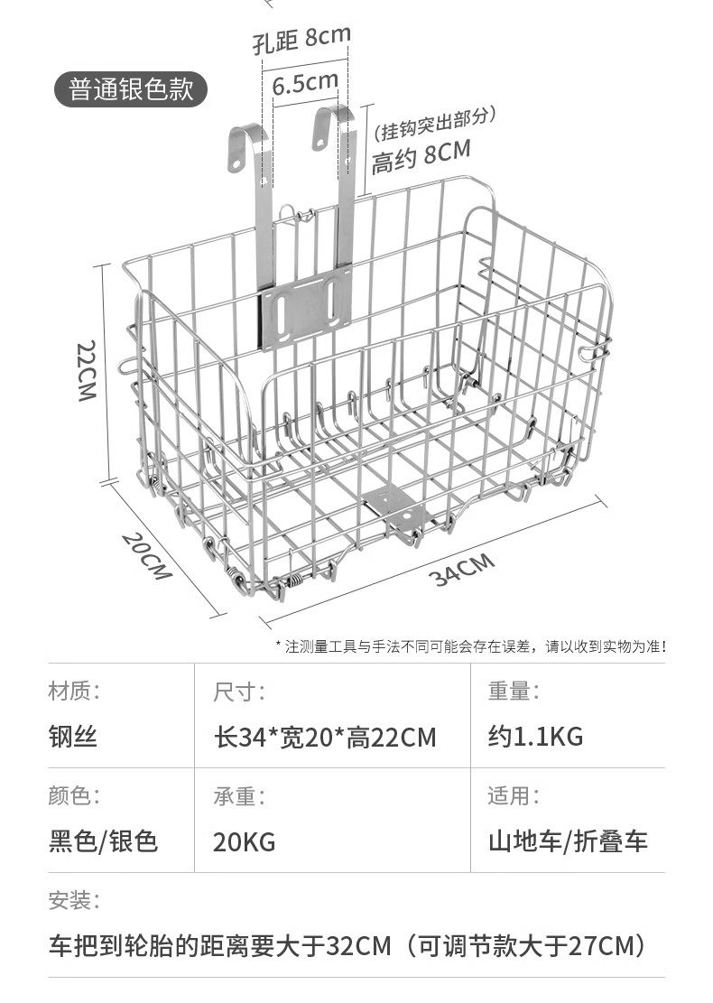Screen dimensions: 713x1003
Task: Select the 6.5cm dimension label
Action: click(x=304, y=84)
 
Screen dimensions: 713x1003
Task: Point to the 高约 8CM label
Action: click(x=421, y=157)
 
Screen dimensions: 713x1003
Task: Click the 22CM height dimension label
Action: click(x=87, y=371)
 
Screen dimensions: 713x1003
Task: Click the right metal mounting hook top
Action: click(x=331, y=122)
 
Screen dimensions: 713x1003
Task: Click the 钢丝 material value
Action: click(x=72, y=737)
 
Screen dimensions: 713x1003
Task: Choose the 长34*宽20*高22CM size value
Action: click(x=325, y=737)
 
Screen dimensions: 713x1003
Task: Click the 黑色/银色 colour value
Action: click(x=103, y=841)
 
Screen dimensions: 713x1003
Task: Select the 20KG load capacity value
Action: click(x=244, y=842)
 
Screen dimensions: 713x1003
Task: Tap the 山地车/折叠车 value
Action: click(x=568, y=841)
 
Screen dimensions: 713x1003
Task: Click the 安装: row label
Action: click(x=73, y=900)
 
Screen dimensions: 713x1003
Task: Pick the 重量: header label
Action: click(x=514, y=692)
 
